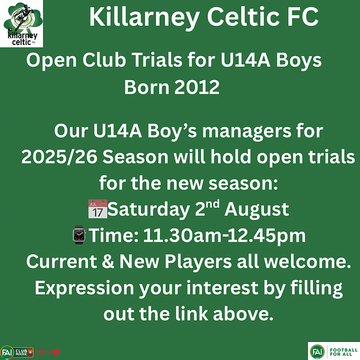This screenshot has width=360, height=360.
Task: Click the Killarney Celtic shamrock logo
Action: pyautogui.click(x=22, y=23)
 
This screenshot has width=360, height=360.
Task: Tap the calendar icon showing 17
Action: pyautogui.click(x=98, y=209)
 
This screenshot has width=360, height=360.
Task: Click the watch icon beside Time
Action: pyautogui.click(x=79, y=235)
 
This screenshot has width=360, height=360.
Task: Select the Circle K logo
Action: pyautogui.click(x=47, y=352)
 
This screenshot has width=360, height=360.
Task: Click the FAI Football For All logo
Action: pyautogui.click(x=334, y=351)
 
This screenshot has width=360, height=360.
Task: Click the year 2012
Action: pyautogui.click(x=197, y=87)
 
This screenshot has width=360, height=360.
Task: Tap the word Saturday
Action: pyautogui.click(x=148, y=209)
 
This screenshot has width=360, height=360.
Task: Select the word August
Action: pyautogui.click(x=257, y=210)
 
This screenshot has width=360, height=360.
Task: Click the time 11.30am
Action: pyautogui.click(x=182, y=236)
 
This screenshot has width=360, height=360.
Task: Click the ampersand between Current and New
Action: pyautogui.click(x=107, y=261)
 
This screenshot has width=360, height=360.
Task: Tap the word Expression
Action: pyautogui.click(x=85, y=289)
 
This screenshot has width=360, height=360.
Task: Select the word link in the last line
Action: pyautogui.click(x=191, y=314)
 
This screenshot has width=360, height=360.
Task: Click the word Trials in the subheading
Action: pyautogui.click(x=157, y=60)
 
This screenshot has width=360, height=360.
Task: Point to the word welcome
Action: pyautogui.click(x=307, y=261)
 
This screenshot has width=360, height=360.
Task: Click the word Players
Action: pyautogui.click(x=198, y=262)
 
